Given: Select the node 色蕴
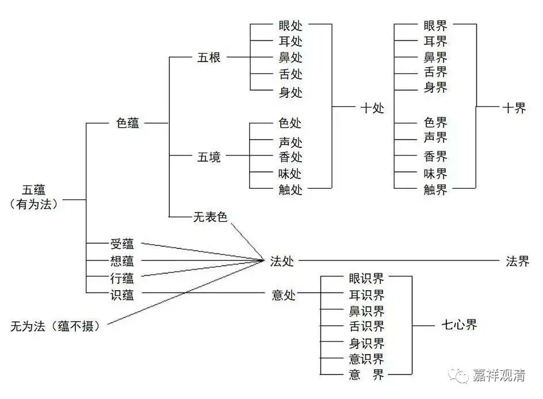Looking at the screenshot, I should [128, 123].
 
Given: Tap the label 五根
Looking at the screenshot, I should [209, 58].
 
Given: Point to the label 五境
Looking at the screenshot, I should [209, 157].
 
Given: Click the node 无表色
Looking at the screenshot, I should [211, 217].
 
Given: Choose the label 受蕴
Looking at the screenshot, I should [122, 244].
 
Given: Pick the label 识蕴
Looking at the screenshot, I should [122, 294].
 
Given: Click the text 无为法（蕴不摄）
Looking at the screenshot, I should [55, 326].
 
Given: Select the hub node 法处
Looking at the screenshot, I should [282, 261].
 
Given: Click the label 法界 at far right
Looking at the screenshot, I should [517, 261].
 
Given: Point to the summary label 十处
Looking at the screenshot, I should [372, 108].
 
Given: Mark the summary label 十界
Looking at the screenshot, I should [514, 108].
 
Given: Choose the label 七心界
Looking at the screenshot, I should [459, 325].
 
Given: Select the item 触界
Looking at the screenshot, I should [435, 189].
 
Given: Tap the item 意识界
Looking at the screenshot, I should [366, 359].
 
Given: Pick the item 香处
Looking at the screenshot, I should [290, 157].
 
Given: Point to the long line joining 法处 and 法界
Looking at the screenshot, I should [397, 261].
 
